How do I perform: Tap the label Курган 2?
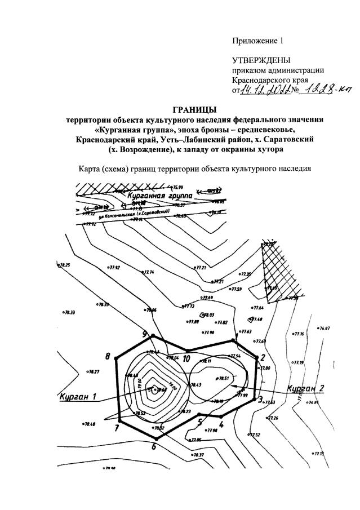click(305, 388)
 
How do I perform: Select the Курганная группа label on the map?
click(160, 196)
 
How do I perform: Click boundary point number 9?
click(145, 334)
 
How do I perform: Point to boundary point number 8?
click(108, 356)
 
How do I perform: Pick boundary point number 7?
click(117, 428)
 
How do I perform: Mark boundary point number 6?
click(153, 447)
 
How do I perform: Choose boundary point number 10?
click(186, 358)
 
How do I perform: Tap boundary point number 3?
click(260, 400)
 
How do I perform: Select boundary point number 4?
click(221, 424)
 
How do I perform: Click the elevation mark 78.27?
click(93, 372)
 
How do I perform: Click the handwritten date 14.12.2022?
click(265, 90)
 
